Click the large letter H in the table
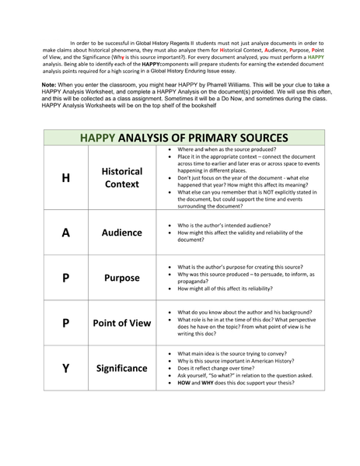(66, 177)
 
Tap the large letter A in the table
(66, 232)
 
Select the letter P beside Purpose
(66, 277)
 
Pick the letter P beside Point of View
(66, 322)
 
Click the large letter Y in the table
(66, 367)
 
